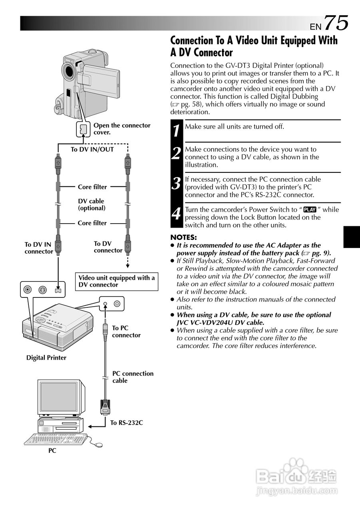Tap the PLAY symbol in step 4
(310, 210)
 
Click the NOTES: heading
(183, 237)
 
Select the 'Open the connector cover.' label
(121, 129)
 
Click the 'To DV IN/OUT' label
(92, 149)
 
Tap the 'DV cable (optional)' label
(91, 204)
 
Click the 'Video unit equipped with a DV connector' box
(117, 281)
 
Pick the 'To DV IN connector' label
(38, 248)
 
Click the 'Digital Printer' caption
(46, 358)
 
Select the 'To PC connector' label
(126, 331)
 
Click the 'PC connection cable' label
(132, 377)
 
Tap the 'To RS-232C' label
(126, 423)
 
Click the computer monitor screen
(59, 396)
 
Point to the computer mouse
(97, 444)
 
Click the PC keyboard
(56, 440)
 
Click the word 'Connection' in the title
(192, 41)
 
